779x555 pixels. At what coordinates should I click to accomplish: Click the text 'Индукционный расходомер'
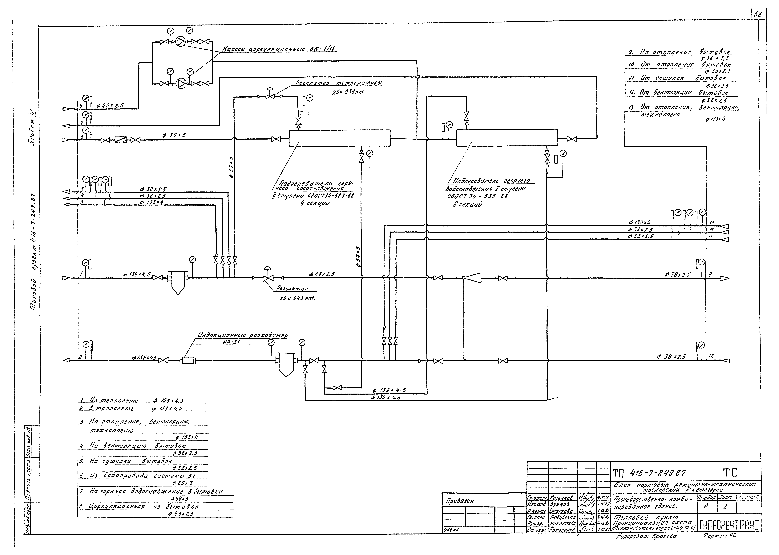pyautogui.click(x=242, y=336)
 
